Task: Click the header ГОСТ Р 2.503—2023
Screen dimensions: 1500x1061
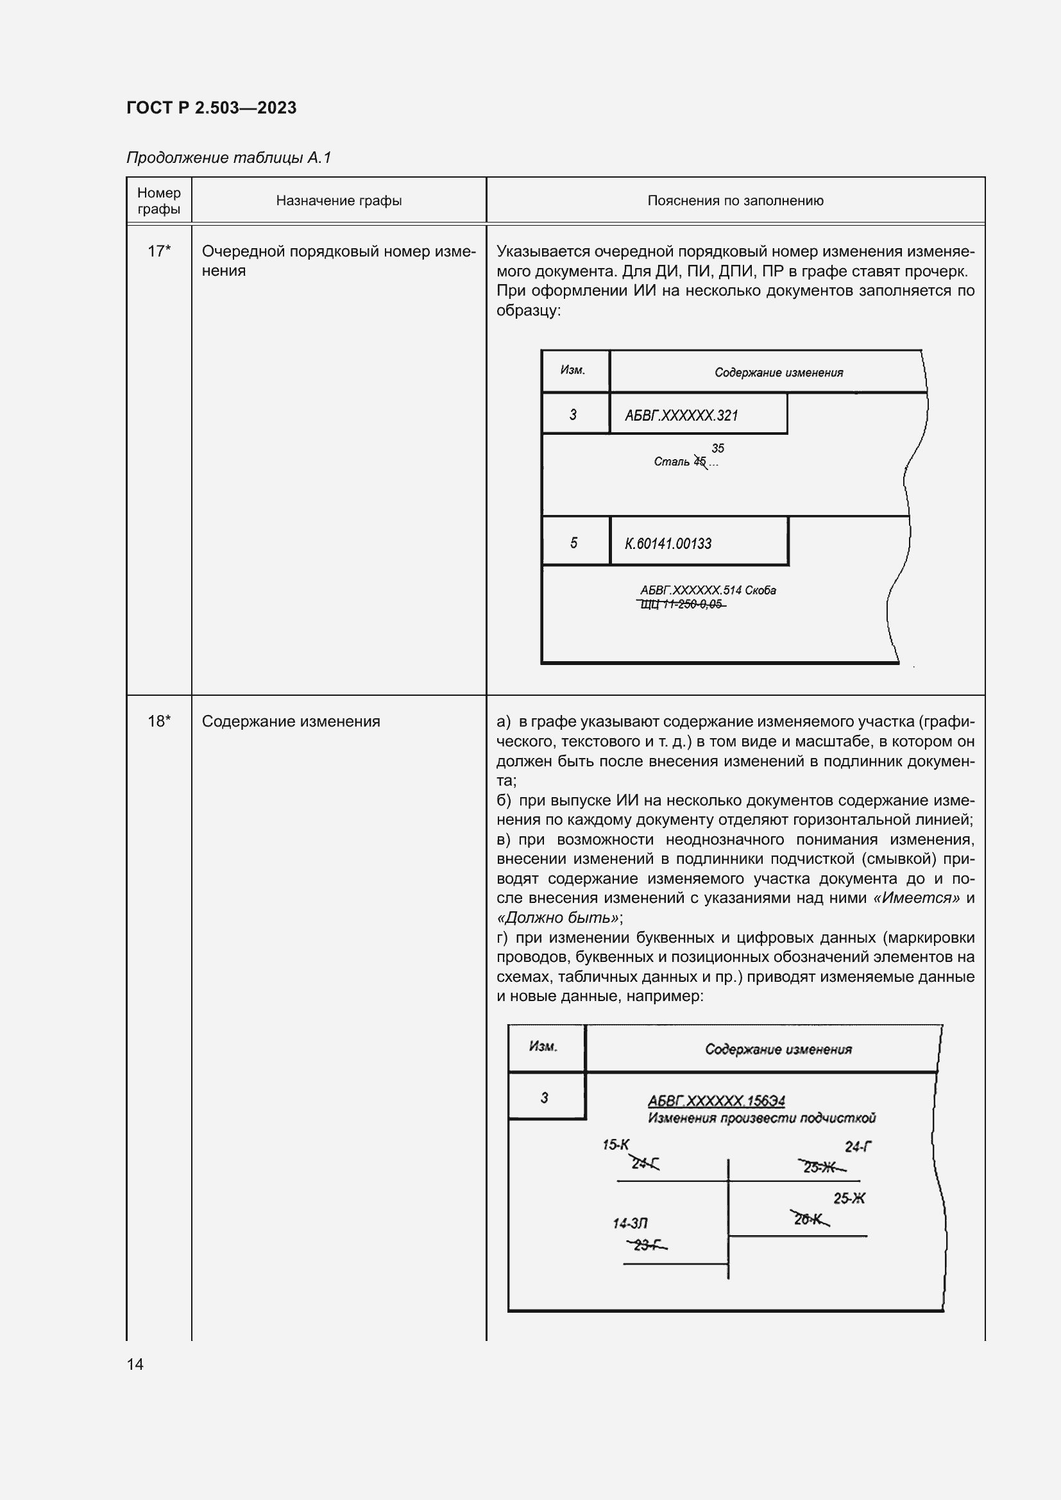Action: pyautogui.click(x=211, y=108)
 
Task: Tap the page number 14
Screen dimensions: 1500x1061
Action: pyautogui.click(x=135, y=1364)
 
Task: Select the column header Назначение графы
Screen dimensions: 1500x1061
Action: pyautogui.click(x=339, y=201)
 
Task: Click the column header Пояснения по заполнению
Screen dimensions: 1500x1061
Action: pyautogui.click(x=735, y=201)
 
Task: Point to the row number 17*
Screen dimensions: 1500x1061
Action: pyautogui.click(x=158, y=251)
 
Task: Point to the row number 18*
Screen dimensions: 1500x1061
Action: pyautogui.click(x=158, y=721)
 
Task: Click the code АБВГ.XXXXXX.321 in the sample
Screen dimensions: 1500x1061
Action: pyautogui.click(x=681, y=416)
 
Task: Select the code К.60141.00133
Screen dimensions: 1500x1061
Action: pyautogui.click(x=668, y=544)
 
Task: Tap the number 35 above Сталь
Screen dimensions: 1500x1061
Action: pyautogui.click(x=717, y=448)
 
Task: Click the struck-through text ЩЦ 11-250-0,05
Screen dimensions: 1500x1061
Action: pyautogui.click(x=681, y=604)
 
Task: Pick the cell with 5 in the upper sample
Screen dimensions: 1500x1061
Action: pyautogui.click(x=573, y=543)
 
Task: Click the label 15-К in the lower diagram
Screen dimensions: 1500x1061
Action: pyautogui.click(x=615, y=1145)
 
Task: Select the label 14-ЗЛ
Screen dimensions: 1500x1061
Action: pyautogui.click(x=630, y=1223)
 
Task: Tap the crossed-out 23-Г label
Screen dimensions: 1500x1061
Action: pyautogui.click(x=647, y=1245)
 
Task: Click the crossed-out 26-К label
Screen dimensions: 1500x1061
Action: pyautogui.click(x=810, y=1218)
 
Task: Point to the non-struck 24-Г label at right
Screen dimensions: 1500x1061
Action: pyautogui.click(x=858, y=1147)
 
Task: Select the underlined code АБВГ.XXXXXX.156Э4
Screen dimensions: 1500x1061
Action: pyautogui.click(x=716, y=1101)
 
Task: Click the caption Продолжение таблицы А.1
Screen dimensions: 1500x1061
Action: pyautogui.click(x=228, y=158)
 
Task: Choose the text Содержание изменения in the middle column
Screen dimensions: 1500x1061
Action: pyautogui.click(x=291, y=721)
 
